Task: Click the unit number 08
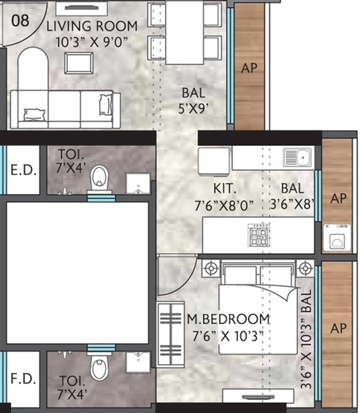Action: tap(20, 20)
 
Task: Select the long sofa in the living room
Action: tap(64, 109)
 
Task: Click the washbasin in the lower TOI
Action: tap(137, 360)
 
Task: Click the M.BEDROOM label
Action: tap(227, 320)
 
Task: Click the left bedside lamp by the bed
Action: tap(211, 267)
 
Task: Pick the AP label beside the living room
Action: tap(249, 69)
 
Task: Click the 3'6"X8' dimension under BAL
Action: tap(292, 205)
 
